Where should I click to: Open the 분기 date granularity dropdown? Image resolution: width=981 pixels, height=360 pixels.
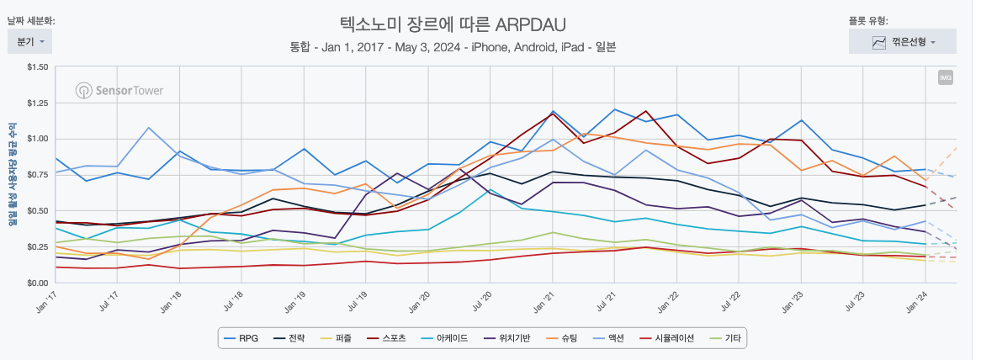[x=30, y=41]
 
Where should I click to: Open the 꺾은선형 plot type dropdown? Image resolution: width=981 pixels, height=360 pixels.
[x=902, y=41]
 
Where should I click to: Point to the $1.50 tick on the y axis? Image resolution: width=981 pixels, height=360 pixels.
[x=36, y=66]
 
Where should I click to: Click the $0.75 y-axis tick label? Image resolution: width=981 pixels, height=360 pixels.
[x=36, y=175]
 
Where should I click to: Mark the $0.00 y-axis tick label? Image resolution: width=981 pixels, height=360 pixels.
[x=36, y=283]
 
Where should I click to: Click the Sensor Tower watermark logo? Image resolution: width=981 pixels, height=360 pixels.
[x=119, y=90]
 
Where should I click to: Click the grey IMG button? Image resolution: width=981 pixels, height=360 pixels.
[x=945, y=78]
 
